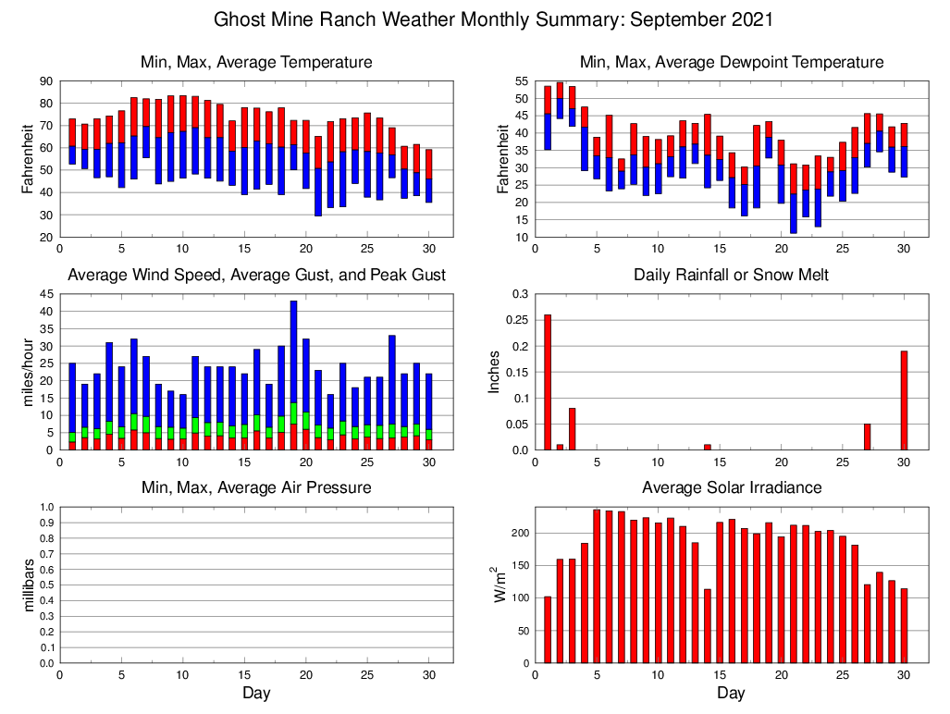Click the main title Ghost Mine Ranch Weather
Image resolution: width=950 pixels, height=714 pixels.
tap(493, 19)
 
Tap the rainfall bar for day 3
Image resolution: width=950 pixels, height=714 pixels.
tap(573, 429)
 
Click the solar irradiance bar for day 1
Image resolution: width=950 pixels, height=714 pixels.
tap(548, 630)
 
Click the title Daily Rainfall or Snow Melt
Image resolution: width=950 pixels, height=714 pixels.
tap(731, 276)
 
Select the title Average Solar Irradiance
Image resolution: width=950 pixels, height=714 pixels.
tap(731, 487)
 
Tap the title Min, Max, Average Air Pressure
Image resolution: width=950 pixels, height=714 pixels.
tap(256, 487)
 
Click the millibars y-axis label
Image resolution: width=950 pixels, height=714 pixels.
tap(28, 585)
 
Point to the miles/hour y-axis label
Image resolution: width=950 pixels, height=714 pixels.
tap(28, 372)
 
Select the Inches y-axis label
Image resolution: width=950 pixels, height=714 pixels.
tap(495, 372)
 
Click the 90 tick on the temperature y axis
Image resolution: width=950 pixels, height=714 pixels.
tap(45, 81)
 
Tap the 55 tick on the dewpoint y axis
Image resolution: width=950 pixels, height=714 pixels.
tap(521, 81)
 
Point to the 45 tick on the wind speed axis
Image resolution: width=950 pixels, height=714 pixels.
tap(45, 294)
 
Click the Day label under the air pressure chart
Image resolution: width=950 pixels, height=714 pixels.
tap(256, 693)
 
